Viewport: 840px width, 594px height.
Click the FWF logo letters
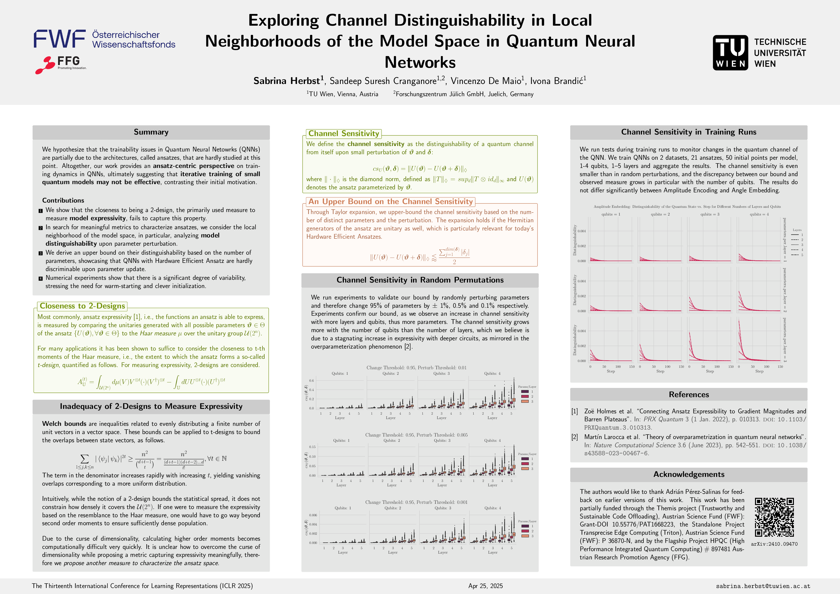(x=60, y=39)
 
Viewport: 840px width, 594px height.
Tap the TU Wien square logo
(x=730, y=53)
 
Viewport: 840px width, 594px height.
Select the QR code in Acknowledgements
(x=774, y=517)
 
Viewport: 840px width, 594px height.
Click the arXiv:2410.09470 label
(x=774, y=544)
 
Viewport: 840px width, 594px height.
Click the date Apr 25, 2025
(x=486, y=586)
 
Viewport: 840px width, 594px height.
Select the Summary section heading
(x=151, y=132)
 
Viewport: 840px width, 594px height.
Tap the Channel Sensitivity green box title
(x=343, y=134)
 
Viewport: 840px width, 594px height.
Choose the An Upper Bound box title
(x=390, y=202)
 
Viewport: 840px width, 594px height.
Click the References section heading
(x=688, y=394)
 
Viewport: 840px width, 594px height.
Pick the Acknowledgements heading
(x=688, y=474)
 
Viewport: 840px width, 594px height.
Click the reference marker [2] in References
(x=575, y=437)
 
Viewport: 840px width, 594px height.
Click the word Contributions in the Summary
(x=63, y=200)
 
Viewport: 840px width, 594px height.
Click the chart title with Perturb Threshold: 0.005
(x=416, y=435)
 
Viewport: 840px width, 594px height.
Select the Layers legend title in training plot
(x=797, y=230)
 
